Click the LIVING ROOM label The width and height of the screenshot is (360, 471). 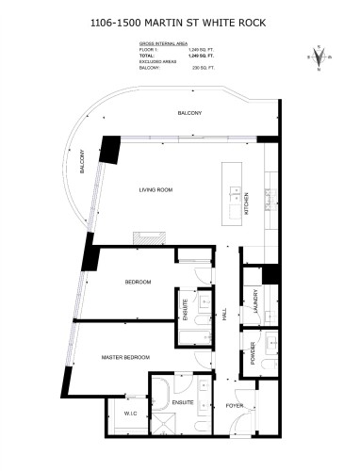pyautogui.click(x=157, y=191)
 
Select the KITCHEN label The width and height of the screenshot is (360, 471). pyautogui.click(x=247, y=205)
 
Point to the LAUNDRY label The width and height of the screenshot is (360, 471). pyautogui.click(x=255, y=300)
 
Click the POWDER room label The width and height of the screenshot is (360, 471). pyautogui.click(x=254, y=352)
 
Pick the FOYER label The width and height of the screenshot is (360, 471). pyautogui.click(x=235, y=406)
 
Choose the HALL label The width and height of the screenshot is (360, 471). pyautogui.click(x=225, y=317)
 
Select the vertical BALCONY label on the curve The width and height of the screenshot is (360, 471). pyautogui.click(x=82, y=163)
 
